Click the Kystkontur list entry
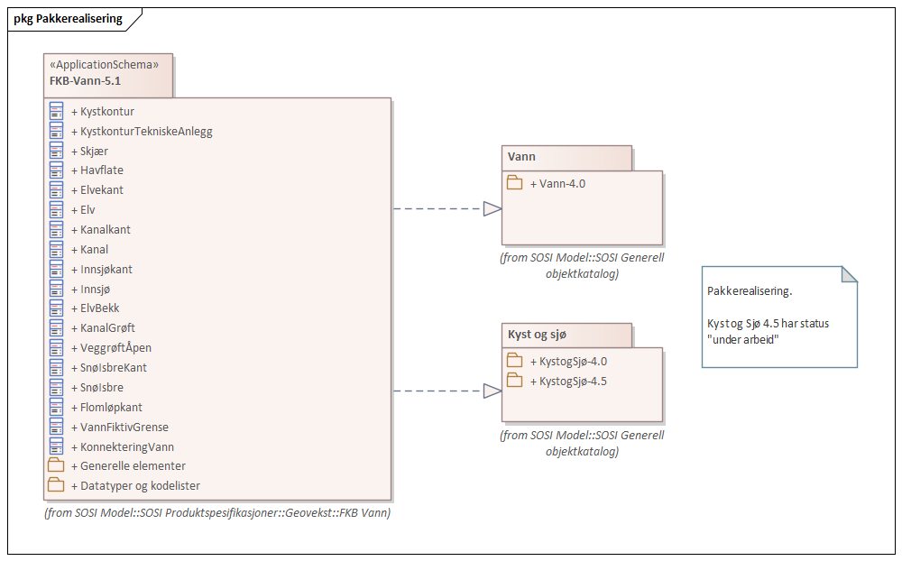coord(106,111)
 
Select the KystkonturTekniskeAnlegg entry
coord(145,131)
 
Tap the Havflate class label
coord(101,170)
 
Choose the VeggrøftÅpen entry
coord(115,348)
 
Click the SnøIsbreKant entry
coord(113,368)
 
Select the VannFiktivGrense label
coord(124,428)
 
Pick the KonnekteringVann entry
coord(126,447)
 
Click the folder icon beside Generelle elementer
coord(56,466)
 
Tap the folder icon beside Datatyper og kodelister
coord(56,486)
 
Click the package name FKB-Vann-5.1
coord(85,80)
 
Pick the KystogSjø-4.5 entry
coord(572,382)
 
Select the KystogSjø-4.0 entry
coord(572,362)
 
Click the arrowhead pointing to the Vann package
coord(492,209)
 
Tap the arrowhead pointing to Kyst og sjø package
coord(492,391)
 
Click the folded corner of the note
coord(849,274)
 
